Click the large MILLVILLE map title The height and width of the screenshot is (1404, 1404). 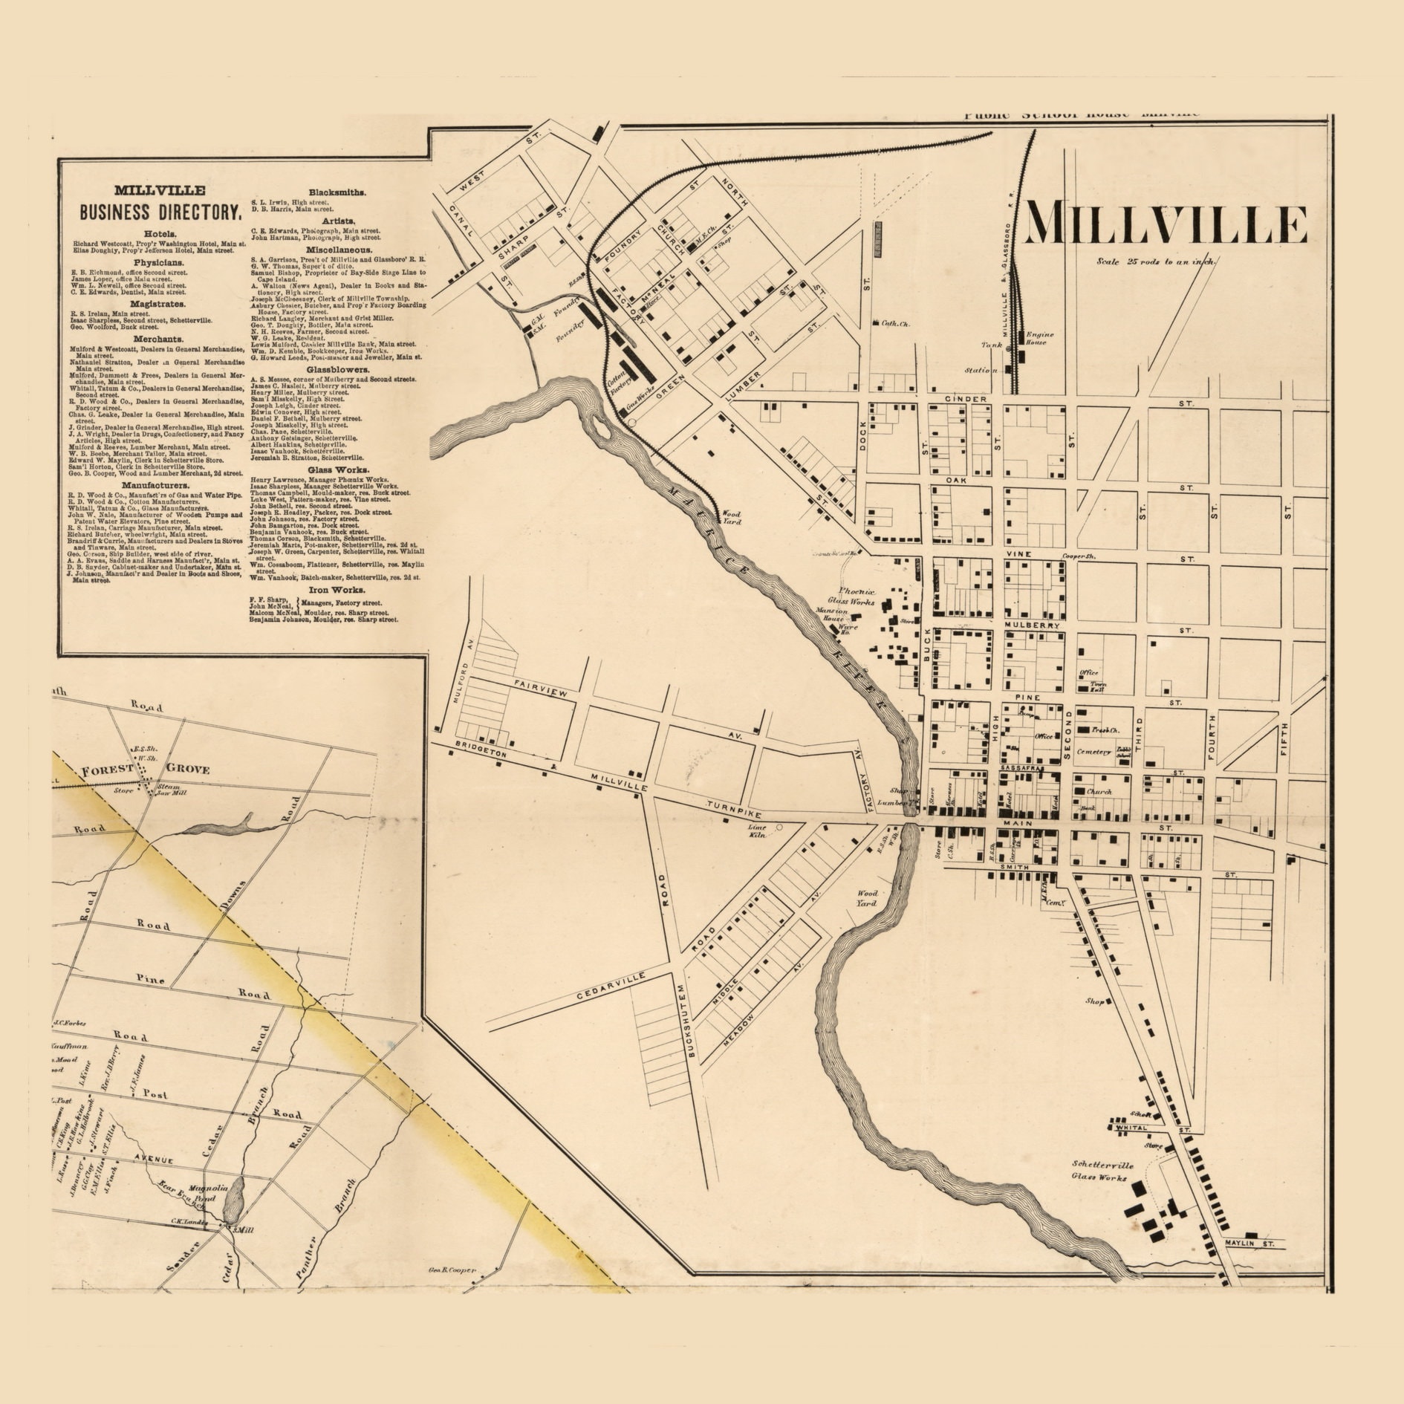click(x=1166, y=224)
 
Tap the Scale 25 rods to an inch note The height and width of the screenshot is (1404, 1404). click(x=1156, y=261)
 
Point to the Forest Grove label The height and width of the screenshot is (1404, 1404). click(x=146, y=769)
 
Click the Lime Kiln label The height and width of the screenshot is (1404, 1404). click(x=756, y=831)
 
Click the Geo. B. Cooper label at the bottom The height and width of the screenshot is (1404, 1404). click(x=453, y=1270)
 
